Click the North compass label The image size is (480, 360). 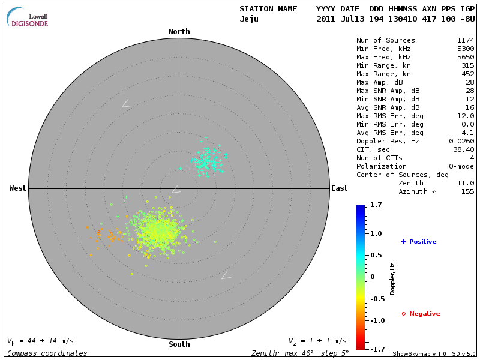(x=179, y=32)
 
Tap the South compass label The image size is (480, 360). (x=179, y=344)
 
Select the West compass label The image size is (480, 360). (x=18, y=188)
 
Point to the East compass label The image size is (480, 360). (x=340, y=188)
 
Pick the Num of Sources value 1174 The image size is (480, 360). (x=466, y=40)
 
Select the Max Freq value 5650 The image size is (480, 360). (x=466, y=57)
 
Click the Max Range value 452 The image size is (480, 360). (x=468, y=74)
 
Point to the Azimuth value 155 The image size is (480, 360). (x=468, y=191)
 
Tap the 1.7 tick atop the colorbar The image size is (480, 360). (x=376, y=205)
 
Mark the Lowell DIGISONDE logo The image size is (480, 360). (x=28, y=19)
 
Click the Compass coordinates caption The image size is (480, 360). (x=47, y=353)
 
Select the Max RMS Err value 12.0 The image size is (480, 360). (x=466, y=116)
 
